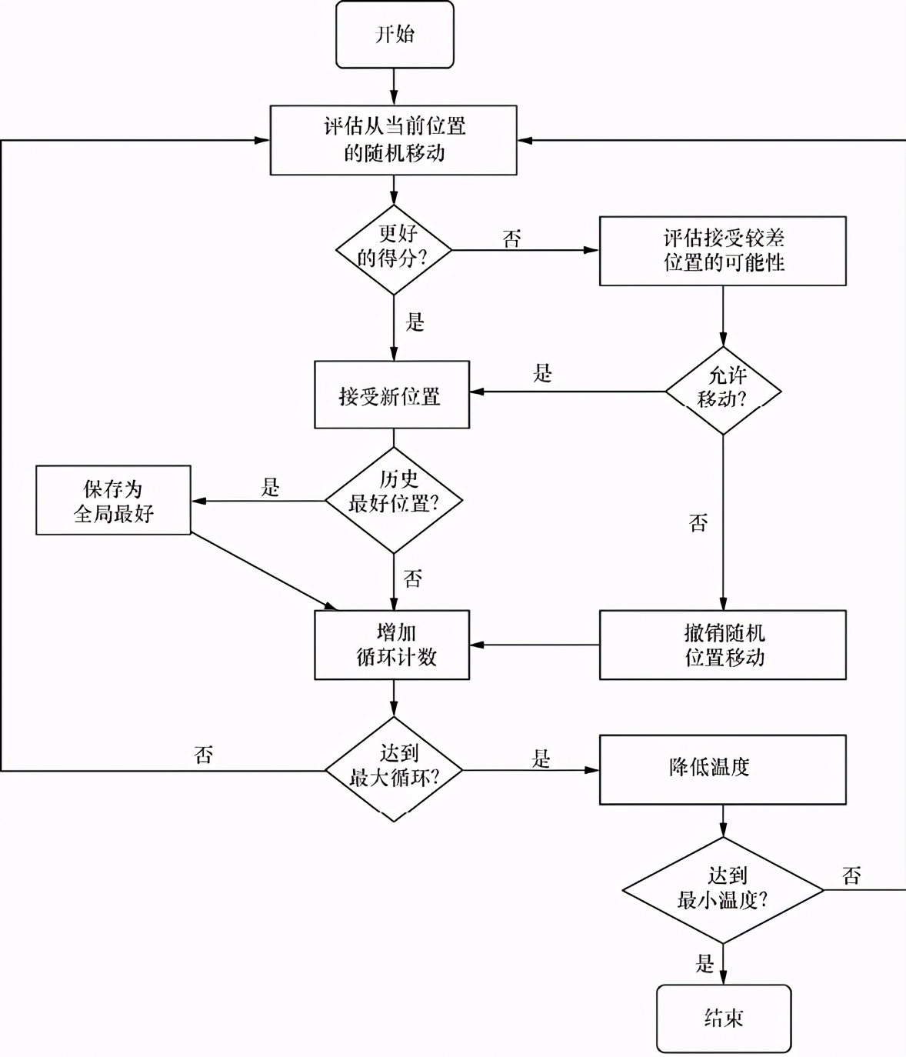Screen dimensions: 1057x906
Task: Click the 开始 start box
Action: click(395, 35)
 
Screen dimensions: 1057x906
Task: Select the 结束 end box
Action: click(723, 1018)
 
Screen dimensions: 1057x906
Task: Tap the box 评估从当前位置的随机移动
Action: click(393, 140)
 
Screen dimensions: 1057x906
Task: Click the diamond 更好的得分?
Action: click(394, 249)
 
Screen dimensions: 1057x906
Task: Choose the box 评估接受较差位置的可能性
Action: click(722, 251)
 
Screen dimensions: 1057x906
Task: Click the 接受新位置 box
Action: click(391, 395)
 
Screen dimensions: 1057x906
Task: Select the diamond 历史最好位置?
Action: click(394, 500)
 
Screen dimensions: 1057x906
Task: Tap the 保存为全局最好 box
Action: click(113, 500)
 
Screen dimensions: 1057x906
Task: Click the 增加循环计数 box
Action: click(391, 645)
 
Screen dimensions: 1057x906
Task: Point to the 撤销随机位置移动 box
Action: click(722, 645)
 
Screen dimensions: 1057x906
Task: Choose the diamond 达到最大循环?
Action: click(394, 769)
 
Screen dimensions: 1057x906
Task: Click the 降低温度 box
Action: click(722, 769)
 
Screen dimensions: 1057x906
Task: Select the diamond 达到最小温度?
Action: click(722, 890)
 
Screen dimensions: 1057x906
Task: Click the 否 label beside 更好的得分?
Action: click(512, 238)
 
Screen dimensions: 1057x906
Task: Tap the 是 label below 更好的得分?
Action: click(415, 322)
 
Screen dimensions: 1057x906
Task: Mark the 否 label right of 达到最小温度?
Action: click(851, 875)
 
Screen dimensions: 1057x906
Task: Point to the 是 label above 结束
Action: click(704, 963)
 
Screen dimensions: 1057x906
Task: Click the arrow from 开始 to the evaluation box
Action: click(394, 86)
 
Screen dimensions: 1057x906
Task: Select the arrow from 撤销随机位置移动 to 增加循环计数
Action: click(535, 645)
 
